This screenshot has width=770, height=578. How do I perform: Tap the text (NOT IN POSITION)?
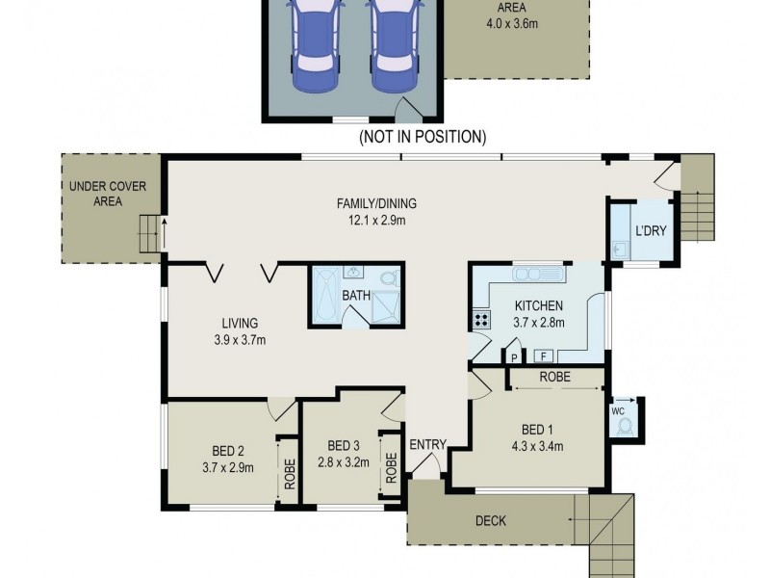pos(423,138)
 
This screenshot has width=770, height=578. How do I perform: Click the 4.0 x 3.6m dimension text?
pos(517,22)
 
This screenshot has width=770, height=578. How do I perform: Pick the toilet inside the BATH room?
pos(387,278)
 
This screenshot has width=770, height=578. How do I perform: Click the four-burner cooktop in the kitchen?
pos(480,320)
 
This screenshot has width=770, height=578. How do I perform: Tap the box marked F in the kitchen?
pos(542,356)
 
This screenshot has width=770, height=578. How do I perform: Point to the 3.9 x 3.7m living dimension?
pos(239,339)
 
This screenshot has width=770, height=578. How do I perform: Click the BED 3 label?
pos(343,445)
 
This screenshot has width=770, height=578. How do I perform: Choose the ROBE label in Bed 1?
pos(555,378)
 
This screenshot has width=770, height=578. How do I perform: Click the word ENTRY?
pos(427,444)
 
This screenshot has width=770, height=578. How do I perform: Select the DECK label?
pos(491,521)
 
